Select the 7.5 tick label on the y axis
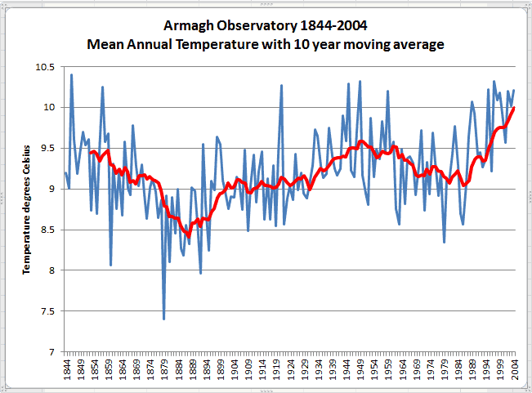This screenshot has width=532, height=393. [47, 311]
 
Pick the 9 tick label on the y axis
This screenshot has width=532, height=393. [52, 189]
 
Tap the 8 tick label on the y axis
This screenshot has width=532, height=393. [52, 270]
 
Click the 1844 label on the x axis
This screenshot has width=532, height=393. [66, 372]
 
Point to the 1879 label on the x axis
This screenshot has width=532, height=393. [164, 372]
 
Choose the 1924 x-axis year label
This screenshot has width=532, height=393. [290, 372]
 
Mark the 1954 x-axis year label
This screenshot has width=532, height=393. [374, 372]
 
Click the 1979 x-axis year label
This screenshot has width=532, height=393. [445, 372]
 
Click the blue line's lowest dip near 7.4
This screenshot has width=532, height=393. [164, 319]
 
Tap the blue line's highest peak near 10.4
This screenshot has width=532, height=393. [71, 75]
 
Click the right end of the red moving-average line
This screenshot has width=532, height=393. [514, 108]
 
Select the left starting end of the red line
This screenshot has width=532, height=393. [91, 153]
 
